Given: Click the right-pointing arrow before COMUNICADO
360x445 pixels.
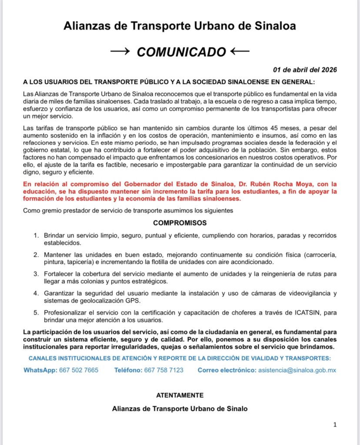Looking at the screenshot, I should pos(121,52).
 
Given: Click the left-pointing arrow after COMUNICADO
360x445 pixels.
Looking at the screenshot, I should pos(240,52).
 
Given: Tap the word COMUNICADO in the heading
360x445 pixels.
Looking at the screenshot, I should pos(181,52).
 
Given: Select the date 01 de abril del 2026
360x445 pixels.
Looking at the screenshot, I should pos(305,70).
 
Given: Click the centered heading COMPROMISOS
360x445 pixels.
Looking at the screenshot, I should pos(180,223).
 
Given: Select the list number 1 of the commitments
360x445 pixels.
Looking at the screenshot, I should pos(36,236).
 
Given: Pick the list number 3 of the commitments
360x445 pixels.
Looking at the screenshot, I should pos(36,274).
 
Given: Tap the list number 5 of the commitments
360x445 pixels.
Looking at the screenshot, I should pos(36,312).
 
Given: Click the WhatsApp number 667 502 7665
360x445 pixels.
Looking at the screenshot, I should pos(79,370).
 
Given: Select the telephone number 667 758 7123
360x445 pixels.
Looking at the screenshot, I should pos(163,370).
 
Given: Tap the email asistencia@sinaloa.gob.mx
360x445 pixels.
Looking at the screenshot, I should pos(297,370).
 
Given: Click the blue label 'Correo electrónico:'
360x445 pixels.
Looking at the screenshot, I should pos(227,370).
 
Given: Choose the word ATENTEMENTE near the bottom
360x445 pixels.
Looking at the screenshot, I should pos(180,395).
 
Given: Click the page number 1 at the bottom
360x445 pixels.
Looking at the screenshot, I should pos(335,425).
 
